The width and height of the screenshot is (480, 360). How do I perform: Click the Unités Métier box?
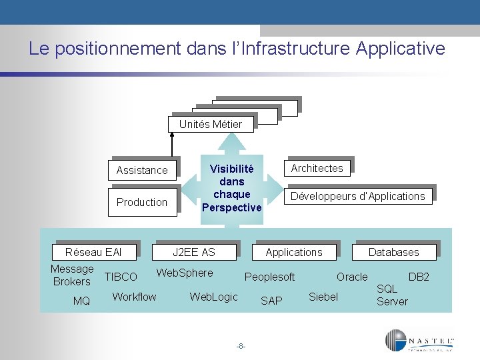(211, 124)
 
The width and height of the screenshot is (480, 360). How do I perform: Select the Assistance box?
(142, 170)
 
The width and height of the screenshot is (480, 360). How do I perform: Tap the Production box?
(142, 202)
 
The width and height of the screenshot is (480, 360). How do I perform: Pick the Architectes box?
(317, 168)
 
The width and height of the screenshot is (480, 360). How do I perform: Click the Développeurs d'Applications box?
(357, 196)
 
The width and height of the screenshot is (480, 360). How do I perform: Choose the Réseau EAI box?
(93, 252)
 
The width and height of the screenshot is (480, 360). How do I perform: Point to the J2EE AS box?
(194, 252)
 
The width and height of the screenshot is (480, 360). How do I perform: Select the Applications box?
(293, 252)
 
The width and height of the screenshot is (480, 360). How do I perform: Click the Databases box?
(394, 252)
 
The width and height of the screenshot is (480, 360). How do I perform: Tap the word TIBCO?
(121, 277)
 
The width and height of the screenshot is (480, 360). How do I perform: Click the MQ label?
(81, 301)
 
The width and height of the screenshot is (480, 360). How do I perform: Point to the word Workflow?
(134, 297)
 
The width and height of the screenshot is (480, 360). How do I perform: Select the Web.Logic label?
(213, 297)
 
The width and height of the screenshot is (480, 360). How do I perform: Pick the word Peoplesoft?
(270, 277)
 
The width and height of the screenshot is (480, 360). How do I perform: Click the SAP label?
(271, 301)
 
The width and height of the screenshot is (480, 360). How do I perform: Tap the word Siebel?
(323, 297)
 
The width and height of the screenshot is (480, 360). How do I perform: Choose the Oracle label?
(352, 277)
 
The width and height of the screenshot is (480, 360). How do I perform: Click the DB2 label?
(419, 277)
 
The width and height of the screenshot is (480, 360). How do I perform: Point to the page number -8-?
(241, 346)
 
